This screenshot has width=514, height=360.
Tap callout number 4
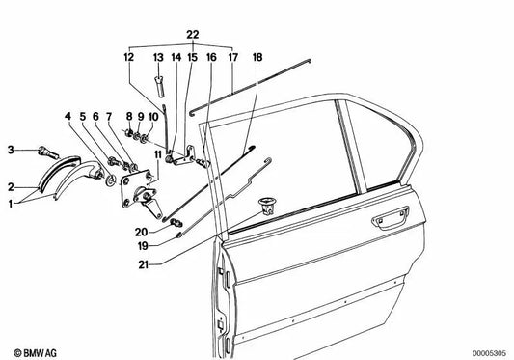(x=68, y=119)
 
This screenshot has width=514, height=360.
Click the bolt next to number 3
(x=45, y=152)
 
